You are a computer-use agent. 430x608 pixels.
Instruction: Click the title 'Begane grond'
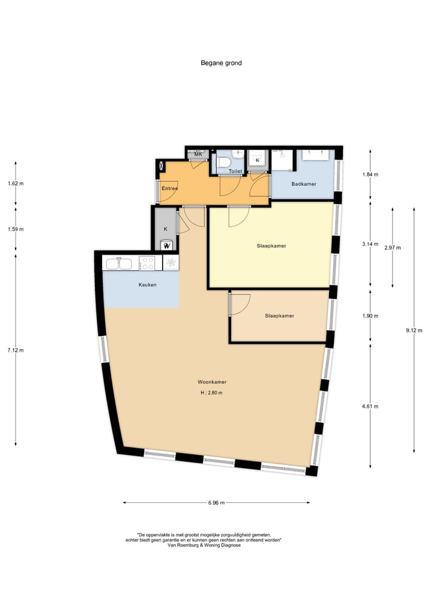click(221, 63)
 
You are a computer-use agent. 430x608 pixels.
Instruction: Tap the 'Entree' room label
click(170, 189)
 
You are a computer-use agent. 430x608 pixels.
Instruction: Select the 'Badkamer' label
click(303, 184)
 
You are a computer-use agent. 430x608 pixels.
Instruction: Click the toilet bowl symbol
click(225, 163)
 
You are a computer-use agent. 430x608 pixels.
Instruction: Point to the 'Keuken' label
click(147, 285)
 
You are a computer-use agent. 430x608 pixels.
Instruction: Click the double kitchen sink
click(117, 263)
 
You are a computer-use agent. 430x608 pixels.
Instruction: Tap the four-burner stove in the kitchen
click(147, 263)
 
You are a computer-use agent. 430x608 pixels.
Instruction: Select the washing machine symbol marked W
click(167, 245)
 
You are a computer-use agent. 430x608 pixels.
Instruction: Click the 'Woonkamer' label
click(212, 382)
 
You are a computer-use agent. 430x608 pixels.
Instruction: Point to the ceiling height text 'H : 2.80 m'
click(212, 393)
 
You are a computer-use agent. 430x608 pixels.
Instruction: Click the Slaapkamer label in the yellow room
click(271, 246)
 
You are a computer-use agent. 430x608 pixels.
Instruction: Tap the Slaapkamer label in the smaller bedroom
click(279, 316)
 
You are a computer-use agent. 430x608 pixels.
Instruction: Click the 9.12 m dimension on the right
click(413, 331)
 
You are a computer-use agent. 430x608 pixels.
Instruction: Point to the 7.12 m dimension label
click(16, 350)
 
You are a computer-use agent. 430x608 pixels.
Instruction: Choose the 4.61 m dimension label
click(370, 407)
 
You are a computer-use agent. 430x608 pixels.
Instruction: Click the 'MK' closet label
click(198, 154)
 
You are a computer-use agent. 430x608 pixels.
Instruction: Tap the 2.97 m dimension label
click(392, 248)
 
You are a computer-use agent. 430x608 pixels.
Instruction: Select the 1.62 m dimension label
click(16, 184)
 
